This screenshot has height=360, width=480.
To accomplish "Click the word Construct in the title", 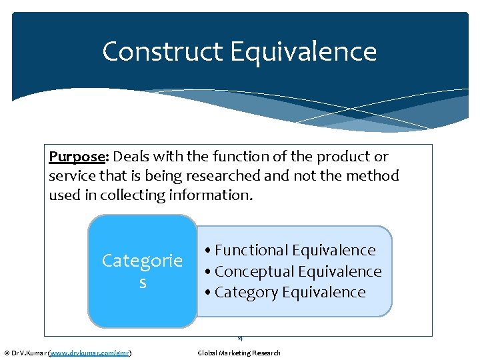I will point(162,51).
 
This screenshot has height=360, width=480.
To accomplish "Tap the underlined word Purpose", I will point(77,156).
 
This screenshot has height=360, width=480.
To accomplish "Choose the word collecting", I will point(140,196).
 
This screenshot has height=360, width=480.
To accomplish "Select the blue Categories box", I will point(142,271).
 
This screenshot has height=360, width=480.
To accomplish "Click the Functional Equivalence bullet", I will point(291,250).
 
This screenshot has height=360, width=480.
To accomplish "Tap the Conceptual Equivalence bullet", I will point(293,271).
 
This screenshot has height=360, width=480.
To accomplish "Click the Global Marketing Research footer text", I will point(239,353).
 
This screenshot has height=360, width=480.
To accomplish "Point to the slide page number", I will point(240,339).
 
